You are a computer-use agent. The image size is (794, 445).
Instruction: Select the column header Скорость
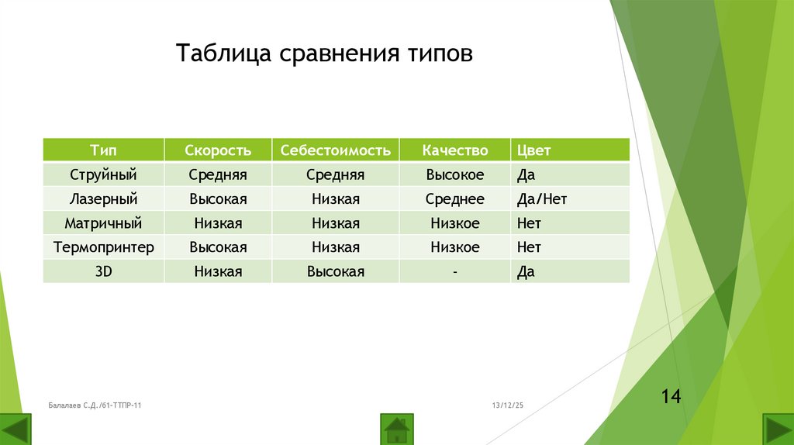point(218,150)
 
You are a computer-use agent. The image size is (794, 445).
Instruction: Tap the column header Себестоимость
point(336,150)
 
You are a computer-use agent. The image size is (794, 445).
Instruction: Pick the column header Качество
point(455,150)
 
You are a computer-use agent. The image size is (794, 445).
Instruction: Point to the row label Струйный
point(103,174)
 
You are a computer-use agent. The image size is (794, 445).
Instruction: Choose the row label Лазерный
point(103,199)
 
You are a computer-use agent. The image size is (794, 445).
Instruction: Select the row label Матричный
point(103,223)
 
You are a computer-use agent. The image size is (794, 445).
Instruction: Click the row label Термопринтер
point(103,247)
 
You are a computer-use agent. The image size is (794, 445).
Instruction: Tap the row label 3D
point(103,271)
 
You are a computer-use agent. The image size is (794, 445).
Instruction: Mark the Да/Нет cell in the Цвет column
point(542,199)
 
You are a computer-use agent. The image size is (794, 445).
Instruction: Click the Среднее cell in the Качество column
point(455,199)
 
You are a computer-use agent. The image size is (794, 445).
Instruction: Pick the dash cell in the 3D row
point(455,271)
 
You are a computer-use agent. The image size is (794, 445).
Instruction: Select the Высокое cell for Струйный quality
point(455,174)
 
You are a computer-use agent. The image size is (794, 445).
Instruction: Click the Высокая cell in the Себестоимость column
point(336,271)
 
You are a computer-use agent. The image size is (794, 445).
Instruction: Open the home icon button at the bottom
point(397,428)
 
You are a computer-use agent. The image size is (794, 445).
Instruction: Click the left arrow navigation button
point(16,429)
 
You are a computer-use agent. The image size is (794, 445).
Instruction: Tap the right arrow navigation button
point(778,429)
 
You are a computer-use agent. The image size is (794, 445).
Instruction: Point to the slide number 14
point(671,397)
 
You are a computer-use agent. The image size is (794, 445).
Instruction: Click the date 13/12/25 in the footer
point(509,405)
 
